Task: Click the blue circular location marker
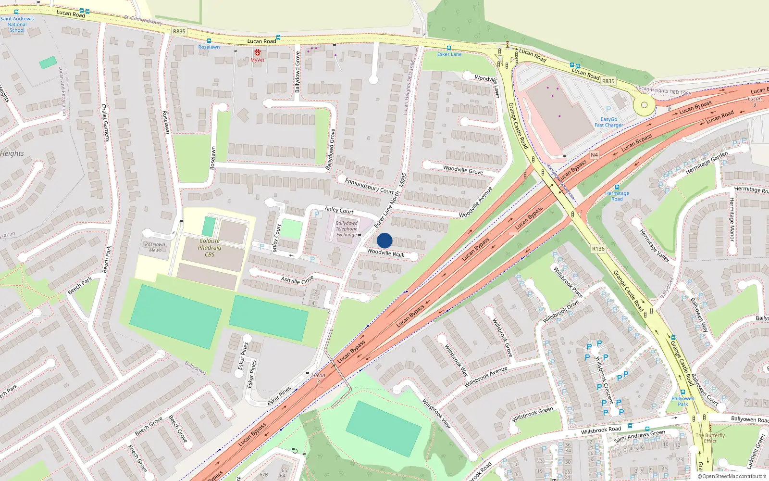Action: (x=384, y=240)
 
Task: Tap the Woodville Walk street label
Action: (x=385, y=253)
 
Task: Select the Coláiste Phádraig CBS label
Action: (x=210, y=248)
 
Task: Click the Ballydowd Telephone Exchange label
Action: (x=347, y=229)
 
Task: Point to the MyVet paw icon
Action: (x=258, y=52)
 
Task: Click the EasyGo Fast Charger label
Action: (x=608, y=122)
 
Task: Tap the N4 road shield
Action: (x=595, y=155)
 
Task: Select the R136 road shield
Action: (x=598, y=249)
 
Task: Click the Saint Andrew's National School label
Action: (x=17, y=25)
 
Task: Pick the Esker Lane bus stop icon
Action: (x=449, y=48)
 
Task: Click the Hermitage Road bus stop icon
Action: (x=617, y=188)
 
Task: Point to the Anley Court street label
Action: (x=339, y=210)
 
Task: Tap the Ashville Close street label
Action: (x=297, y=279)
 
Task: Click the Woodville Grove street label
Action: (x=463, y=170)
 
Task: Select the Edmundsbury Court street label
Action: (x=369, y=186)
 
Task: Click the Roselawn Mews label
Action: (x=155, y=247)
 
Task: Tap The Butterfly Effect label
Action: (x=710, y=438)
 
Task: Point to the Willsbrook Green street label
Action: (x=533, y=414)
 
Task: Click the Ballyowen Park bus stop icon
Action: (x=682, y=392)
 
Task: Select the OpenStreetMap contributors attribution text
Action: (x=732, y=477)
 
